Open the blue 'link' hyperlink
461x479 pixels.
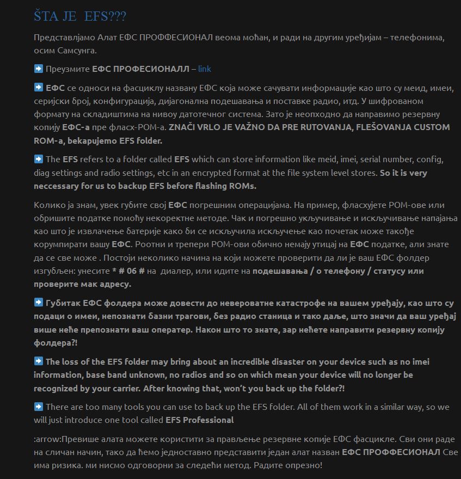click(205, 69)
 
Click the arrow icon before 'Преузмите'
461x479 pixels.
click(38, 69)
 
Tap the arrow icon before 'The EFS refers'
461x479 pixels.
click(38, 159)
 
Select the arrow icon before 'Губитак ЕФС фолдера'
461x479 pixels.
click(38, 303)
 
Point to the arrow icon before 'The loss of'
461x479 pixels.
click(38, 361)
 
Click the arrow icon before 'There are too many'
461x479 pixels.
click(38, 407)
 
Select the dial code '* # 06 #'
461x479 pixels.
click(128, 271)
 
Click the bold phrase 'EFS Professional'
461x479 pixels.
click(200, 420)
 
